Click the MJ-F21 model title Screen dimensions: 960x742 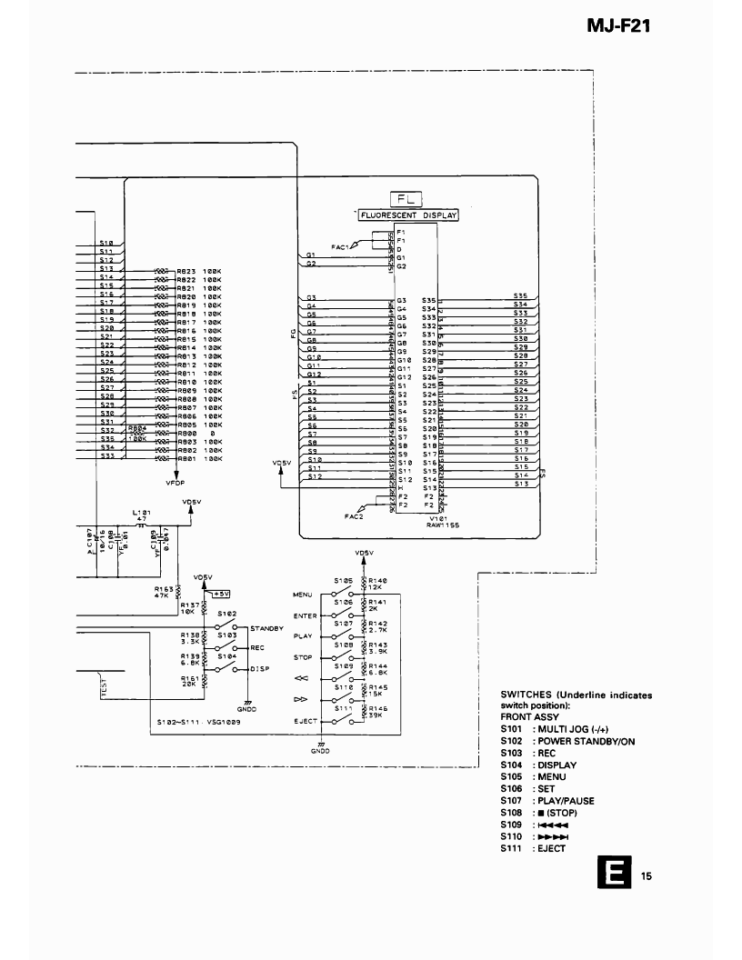tap(619, 26)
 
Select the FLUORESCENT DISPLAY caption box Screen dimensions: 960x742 tap(407, 215)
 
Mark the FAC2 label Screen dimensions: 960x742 tap(354, 515)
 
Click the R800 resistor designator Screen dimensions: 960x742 tap(186, 434)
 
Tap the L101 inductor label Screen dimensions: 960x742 tap(141, 513)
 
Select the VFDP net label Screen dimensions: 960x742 tap(175, 483)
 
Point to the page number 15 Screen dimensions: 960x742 tap(646, 876)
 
